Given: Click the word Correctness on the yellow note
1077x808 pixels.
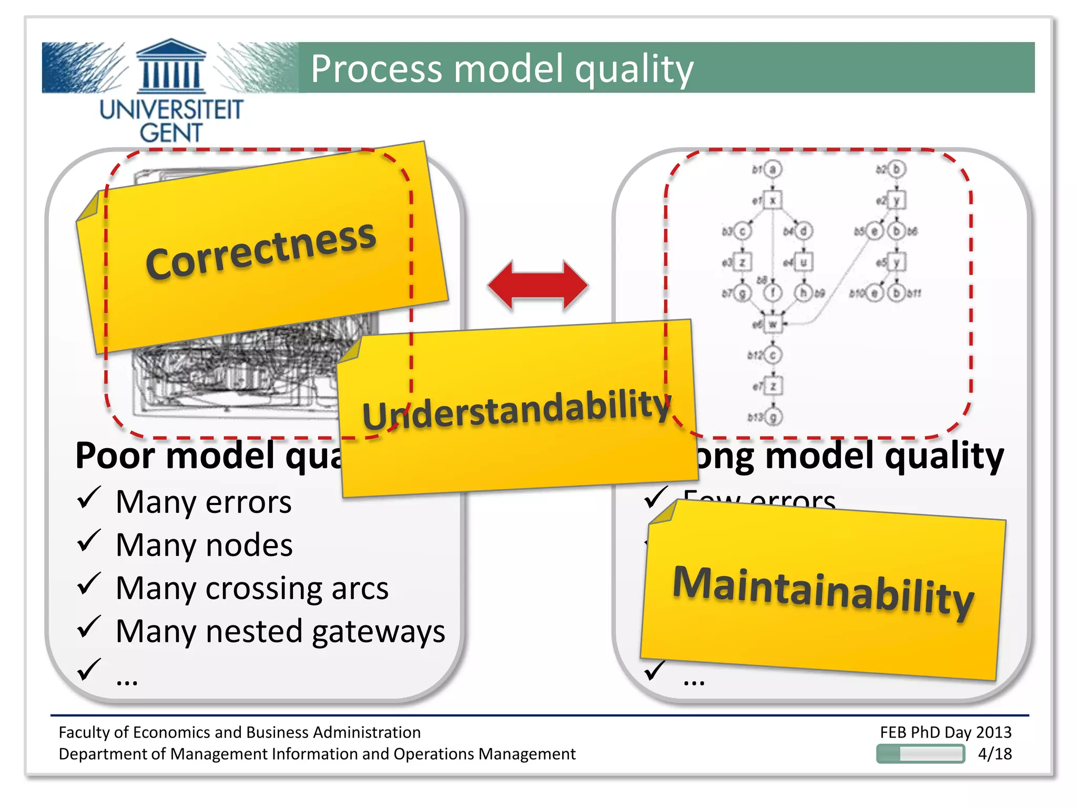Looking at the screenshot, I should coord(261,250).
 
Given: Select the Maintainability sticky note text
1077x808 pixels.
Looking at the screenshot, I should coord(823,591).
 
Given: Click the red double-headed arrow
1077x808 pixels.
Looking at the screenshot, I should coord(537,285).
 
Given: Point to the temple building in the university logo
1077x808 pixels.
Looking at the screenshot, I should coord(171,65).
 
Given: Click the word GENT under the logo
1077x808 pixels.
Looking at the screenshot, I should coord(171,133).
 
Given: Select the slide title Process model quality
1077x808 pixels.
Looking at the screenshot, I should coord(502,69).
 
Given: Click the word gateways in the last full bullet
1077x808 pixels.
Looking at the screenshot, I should coord(378,631).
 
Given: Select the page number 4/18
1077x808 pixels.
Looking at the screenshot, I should coord(994,753).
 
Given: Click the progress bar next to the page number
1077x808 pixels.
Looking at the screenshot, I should coord(920,753).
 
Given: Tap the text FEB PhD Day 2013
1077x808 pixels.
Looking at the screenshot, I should coord(946,732).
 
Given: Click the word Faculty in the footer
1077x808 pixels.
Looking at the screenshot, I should coord(84,732).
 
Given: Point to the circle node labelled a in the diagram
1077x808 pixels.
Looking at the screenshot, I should coord(773,169).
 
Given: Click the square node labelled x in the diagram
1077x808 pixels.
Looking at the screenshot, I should coord(773,200).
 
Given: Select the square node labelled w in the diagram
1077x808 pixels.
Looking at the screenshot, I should coord(772,324).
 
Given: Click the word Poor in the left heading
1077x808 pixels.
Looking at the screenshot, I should coord(116,456).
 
